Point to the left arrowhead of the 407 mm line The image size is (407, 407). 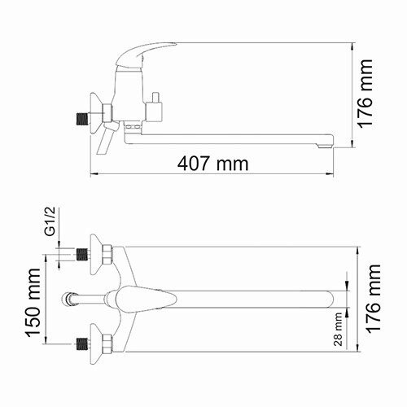[91, 173]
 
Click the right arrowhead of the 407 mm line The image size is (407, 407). [330, 173]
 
